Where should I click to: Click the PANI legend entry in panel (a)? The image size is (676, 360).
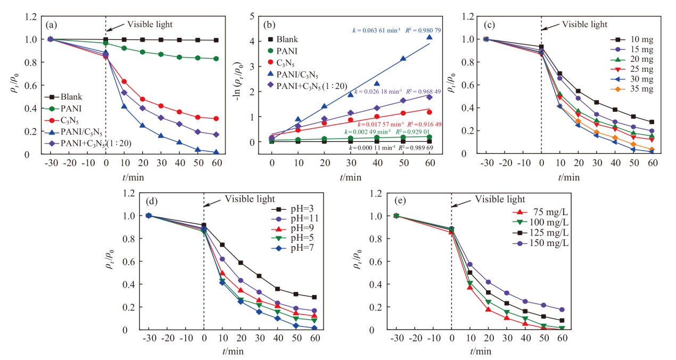pos(63,109)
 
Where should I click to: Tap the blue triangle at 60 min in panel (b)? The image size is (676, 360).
pos(430,37)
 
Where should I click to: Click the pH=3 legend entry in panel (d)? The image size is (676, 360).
pos(293,209)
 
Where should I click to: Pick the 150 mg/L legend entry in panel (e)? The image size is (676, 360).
pos(540,243)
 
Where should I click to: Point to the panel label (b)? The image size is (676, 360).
pos(269,25)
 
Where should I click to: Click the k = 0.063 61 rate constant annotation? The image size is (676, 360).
pos(376,30)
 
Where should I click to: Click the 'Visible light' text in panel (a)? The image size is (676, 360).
pos(150,24)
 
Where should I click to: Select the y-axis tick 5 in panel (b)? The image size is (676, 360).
pos(252,16)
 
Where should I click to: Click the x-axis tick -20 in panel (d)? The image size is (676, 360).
pos(168,338)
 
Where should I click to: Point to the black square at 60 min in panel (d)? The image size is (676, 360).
pos(314,297)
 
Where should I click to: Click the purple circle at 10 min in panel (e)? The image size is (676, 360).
pos(470,265)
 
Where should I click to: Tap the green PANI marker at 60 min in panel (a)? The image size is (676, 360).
pos(216,59)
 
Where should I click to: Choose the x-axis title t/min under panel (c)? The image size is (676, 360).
pos(568,177)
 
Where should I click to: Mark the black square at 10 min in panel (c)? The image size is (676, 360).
pos(560,73)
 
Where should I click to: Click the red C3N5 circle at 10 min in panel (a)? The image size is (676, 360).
pos(124,81)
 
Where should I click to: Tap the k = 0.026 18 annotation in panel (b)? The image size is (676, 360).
pos(378,92)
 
